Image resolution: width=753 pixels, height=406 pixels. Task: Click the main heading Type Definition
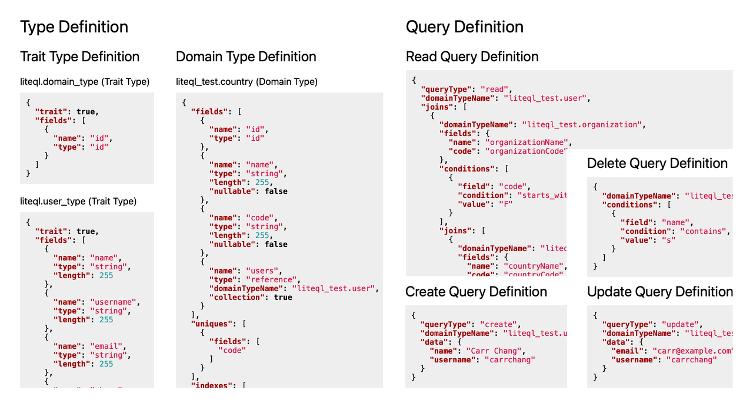74,27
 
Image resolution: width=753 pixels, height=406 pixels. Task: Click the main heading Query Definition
464,27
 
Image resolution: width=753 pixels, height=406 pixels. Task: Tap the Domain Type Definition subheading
246,57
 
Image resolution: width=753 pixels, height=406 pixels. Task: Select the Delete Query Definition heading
657,163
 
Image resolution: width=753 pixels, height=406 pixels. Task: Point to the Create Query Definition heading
476,292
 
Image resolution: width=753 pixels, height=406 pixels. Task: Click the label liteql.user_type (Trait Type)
78,202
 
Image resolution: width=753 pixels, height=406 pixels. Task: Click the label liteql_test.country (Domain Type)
246,82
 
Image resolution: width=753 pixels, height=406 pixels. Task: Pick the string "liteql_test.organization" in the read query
579,125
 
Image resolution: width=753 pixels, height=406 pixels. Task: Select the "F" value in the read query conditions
505,204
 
